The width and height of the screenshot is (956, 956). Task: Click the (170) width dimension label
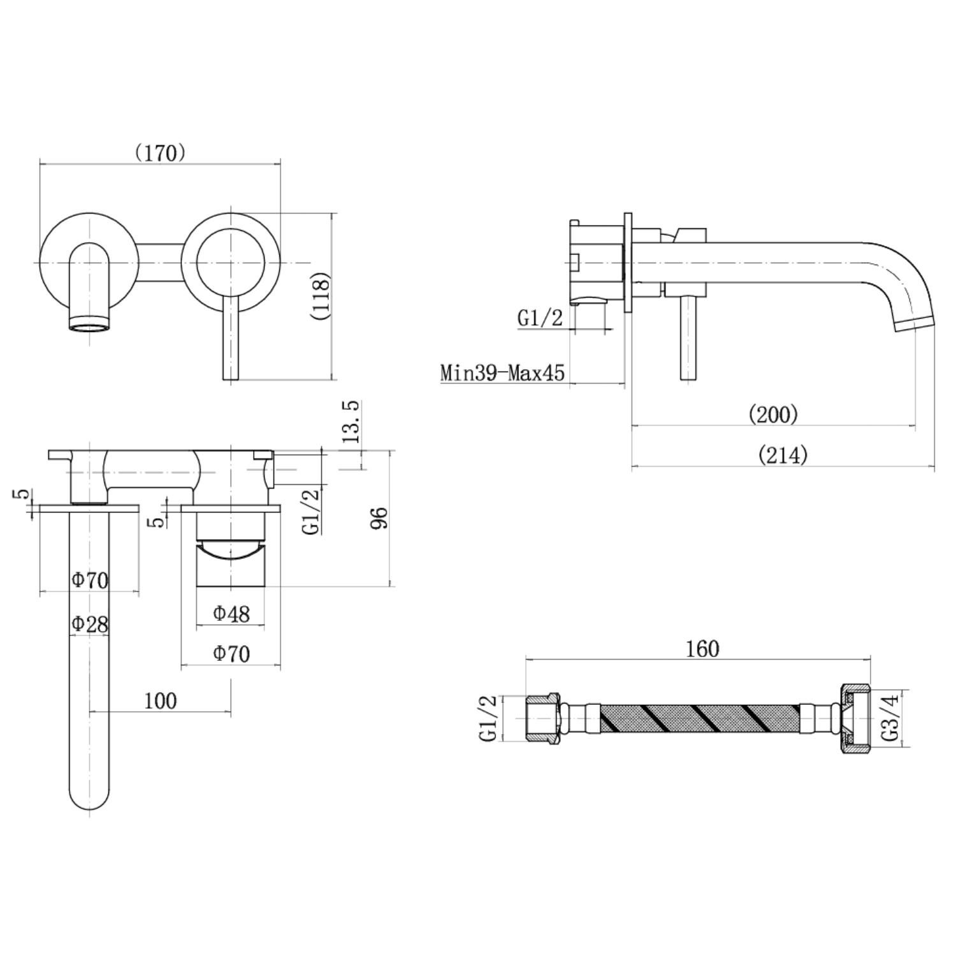(x=160, y=153)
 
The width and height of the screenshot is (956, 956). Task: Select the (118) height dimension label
(x=321, y=296)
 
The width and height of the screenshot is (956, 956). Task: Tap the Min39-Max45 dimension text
(x=502, y=372)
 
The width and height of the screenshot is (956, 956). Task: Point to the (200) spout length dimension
(x=773, y=415)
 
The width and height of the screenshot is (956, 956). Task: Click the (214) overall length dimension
(x=783, y=455)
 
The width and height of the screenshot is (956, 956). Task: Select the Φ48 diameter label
(x=231, y=614)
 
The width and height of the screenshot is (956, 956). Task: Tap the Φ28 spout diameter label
(x=89, y=623)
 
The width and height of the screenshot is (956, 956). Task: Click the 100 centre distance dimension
(x=160, y=701)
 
